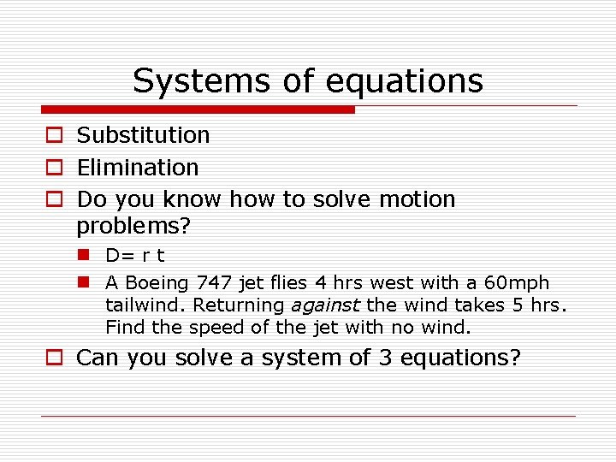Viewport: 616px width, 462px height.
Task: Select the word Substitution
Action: click(143, 135)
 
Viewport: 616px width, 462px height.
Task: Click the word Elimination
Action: click(138, 168)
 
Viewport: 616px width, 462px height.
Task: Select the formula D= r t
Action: click(135, 256)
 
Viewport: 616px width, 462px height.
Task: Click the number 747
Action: click(213, 283)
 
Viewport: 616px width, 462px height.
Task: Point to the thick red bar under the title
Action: click(198, 110)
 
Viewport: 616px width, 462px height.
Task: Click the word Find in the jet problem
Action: click(122, 327)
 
